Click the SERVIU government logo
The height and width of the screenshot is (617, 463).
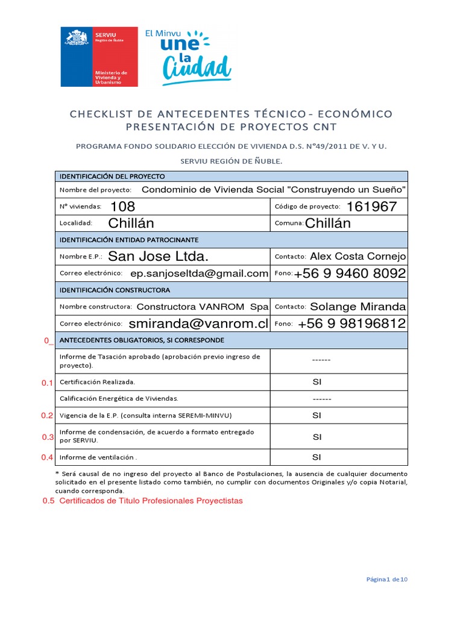[x=99, y=57]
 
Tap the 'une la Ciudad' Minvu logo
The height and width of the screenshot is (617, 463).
[x=187, y=55]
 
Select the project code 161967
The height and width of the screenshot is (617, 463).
[x=371, y=207]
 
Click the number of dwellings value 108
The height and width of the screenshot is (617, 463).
[x=123, y=207]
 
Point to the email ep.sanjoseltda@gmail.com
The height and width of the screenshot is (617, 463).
[x=199, y=274]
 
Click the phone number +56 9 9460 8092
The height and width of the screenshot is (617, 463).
[x=350, y=274]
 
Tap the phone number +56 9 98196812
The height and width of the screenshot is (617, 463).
[x=351, y=324]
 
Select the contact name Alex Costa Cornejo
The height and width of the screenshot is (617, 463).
[x=358, y=257]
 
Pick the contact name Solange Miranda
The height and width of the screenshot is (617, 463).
[x=358, y=307]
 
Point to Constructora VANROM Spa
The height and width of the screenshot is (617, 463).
[x=203, y=307]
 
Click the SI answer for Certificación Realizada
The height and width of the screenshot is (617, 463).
[x=317, y=382]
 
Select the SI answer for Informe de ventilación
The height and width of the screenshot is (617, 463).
[x=317, y=457]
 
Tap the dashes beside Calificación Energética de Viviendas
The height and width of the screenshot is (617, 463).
[x=322, y=399]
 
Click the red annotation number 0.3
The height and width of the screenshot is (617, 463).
[x=48, y=437]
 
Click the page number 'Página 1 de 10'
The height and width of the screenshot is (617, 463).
[x=387, y=580]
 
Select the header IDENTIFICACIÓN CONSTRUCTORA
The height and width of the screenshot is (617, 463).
[x=115, y=290]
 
